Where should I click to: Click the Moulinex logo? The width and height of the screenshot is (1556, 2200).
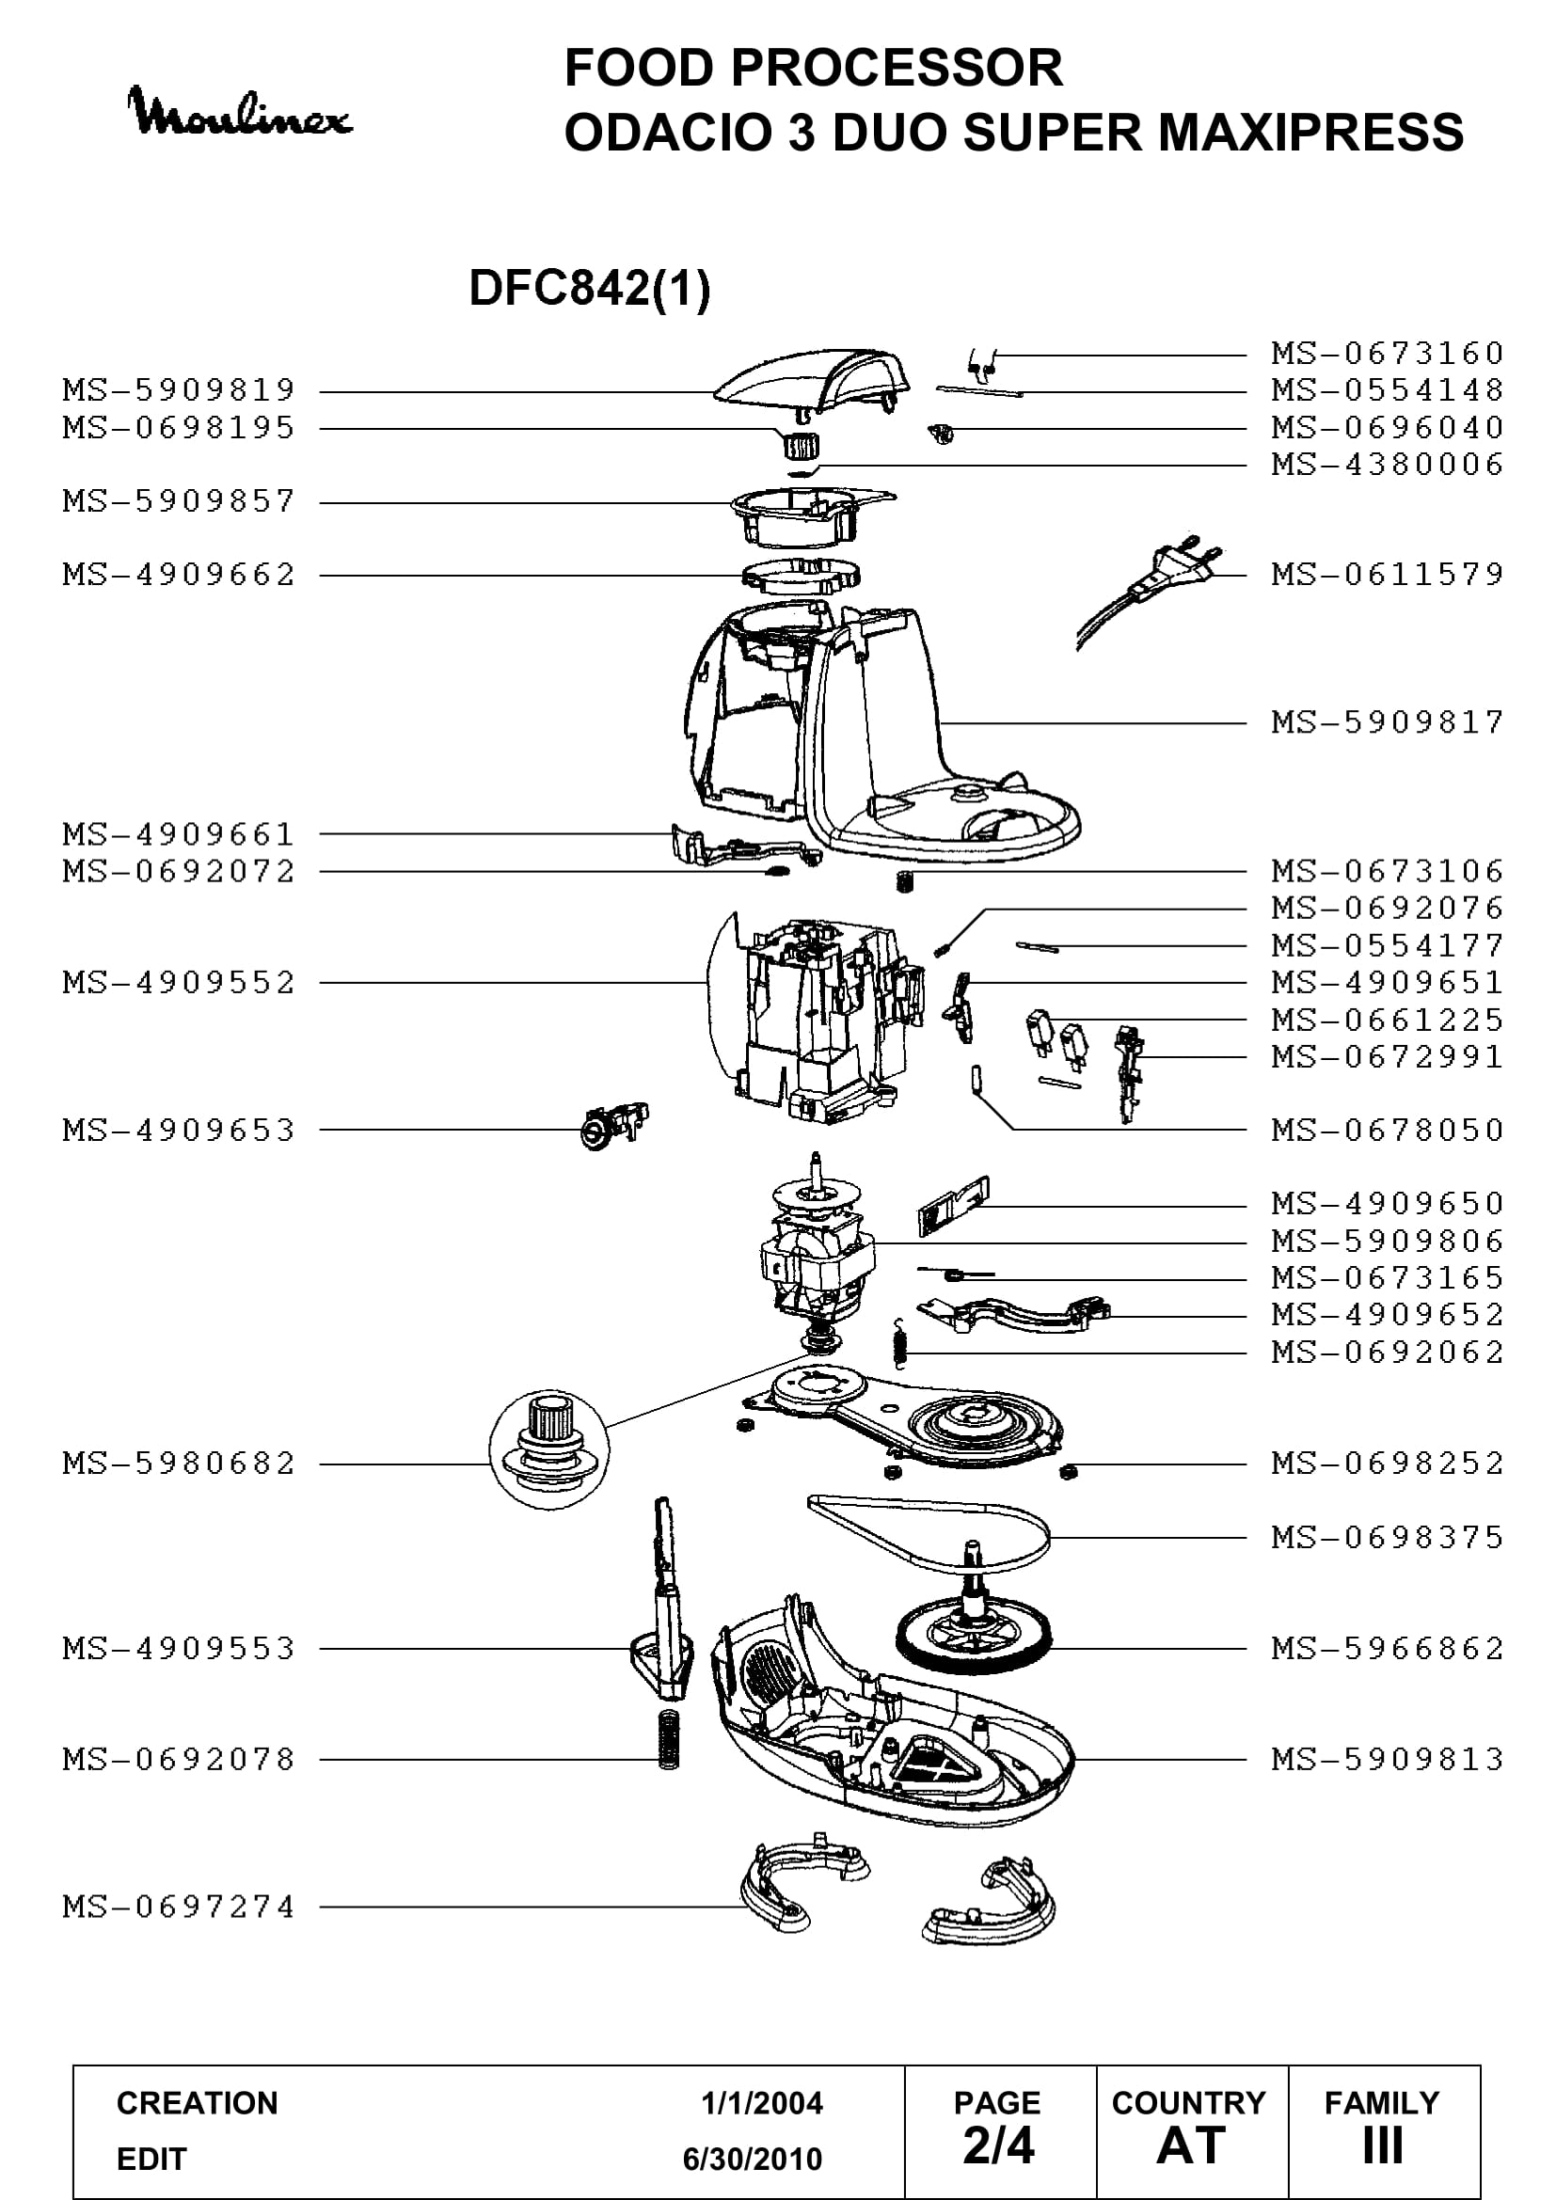pos(241,112)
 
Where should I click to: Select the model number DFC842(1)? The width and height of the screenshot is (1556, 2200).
pos(589,288)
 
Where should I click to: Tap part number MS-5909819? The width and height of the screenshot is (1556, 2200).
pos(179,391)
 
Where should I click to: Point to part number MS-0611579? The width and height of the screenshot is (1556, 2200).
pos(1388,575)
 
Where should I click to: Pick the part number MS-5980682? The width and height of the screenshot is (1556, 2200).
pos(179,1464)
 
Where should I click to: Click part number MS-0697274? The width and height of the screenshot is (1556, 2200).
pos(179,1907)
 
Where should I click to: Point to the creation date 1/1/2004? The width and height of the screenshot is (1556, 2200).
pos(762,2103)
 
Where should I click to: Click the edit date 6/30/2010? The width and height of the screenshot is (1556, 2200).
pos(753,2159)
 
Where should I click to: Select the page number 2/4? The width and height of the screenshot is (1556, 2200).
pos(998,2145)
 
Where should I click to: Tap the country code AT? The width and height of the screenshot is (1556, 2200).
pos(1191,2145)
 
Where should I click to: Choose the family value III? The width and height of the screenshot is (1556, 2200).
pos(1383,2145)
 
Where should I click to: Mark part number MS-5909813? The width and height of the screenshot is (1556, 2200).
pos(1388,1759)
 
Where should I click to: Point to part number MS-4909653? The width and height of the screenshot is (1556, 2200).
pos(179,1131)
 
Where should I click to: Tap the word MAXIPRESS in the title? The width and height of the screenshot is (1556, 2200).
pos(1310,133)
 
